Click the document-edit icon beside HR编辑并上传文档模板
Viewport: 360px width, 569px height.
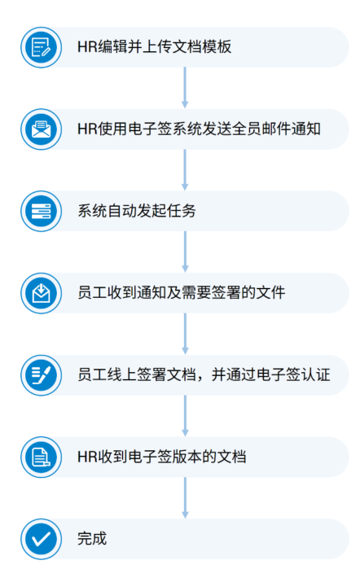tap(41, 47)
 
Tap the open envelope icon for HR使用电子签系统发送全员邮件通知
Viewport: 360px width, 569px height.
tap(41, 129)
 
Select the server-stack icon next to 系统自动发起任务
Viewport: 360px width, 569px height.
tap(41, 211)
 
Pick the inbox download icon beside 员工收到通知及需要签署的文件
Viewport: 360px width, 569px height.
tap(41, 293)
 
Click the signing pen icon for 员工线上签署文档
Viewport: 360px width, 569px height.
tap(41, 375)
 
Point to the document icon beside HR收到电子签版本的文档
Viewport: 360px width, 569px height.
tap(41, 457)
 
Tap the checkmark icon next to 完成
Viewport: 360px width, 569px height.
tap(41, 539)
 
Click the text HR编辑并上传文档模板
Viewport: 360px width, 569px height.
tap(155, 47)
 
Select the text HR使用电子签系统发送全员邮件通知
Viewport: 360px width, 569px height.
tap(199, 129)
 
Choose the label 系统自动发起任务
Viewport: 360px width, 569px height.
tap(137, 211)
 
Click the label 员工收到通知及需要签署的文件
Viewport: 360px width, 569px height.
tap(182, 293)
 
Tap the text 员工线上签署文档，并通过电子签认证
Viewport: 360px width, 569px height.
tap(204, 375)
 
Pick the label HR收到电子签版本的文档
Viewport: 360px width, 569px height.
tap(161, 457)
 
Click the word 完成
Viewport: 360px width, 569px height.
tap(92, 539)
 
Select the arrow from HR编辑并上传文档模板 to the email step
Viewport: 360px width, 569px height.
tap(185, 87)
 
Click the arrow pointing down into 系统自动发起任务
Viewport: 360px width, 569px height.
tap(185, 170)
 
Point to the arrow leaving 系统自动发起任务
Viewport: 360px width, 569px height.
tap(185, 252)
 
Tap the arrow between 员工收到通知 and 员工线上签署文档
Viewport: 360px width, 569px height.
tap(185, 334)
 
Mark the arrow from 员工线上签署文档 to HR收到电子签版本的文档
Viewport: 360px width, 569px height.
tap(185, 416)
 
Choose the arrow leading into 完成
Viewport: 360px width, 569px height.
tap(185, 498)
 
